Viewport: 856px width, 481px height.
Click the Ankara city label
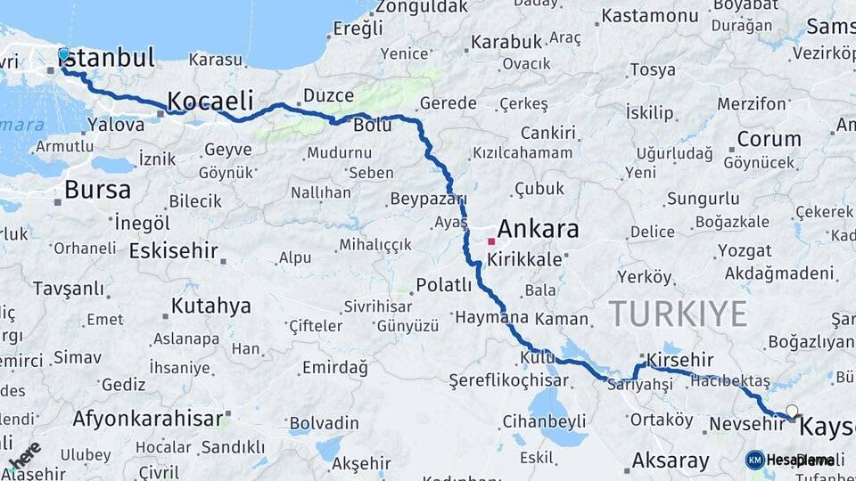pos(538,229)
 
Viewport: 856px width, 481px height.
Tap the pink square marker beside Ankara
pos(491,241)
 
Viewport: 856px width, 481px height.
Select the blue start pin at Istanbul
pos(63,55)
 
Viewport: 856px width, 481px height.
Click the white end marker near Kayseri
pos(791,412)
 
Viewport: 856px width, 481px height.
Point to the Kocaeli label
pos(210,99)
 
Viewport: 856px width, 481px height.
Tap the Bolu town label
pos(372,126)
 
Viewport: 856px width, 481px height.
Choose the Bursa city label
pos(97,190)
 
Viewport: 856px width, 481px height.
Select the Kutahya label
pos(210,306)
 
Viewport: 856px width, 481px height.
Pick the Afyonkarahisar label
pos(147,418)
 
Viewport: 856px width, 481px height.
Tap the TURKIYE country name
pos(679,314)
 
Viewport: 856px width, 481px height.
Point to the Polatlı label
pos(443,285)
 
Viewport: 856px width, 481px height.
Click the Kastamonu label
pos(649,16)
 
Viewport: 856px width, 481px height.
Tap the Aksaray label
pos(671,461)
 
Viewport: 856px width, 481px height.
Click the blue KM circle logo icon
pos(754,460)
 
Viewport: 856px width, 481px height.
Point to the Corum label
pos(769,139)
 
